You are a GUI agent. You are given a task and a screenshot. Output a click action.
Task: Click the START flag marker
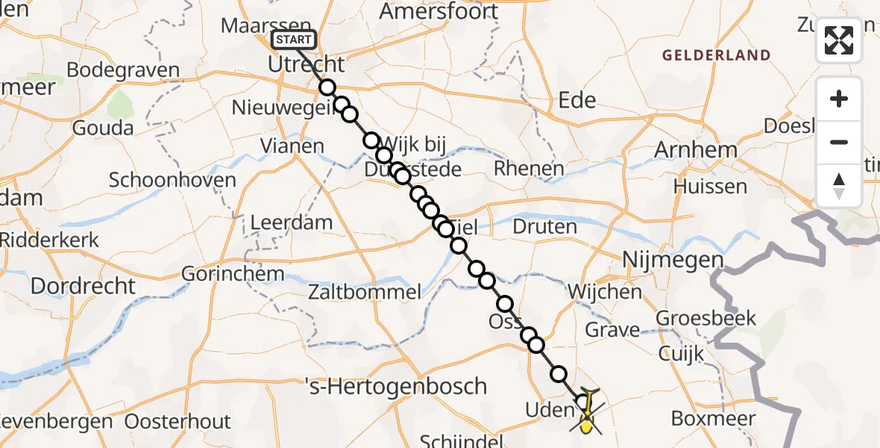294,40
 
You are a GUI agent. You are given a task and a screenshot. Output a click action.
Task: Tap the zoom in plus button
839,99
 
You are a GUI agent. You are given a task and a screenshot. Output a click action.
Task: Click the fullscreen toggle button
839,40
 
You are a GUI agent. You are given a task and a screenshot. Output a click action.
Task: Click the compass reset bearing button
839,186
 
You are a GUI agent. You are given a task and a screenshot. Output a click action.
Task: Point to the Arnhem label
695,150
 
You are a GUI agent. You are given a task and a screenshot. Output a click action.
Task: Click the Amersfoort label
439,11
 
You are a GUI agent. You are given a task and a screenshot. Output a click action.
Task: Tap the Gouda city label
103,128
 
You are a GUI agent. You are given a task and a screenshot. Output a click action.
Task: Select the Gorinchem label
233,274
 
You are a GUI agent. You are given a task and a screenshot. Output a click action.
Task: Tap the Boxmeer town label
713,419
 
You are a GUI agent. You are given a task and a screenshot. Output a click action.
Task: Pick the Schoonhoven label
172,180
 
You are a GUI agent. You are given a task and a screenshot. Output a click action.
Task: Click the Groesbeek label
705,319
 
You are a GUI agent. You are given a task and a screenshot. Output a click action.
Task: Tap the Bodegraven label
123,71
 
